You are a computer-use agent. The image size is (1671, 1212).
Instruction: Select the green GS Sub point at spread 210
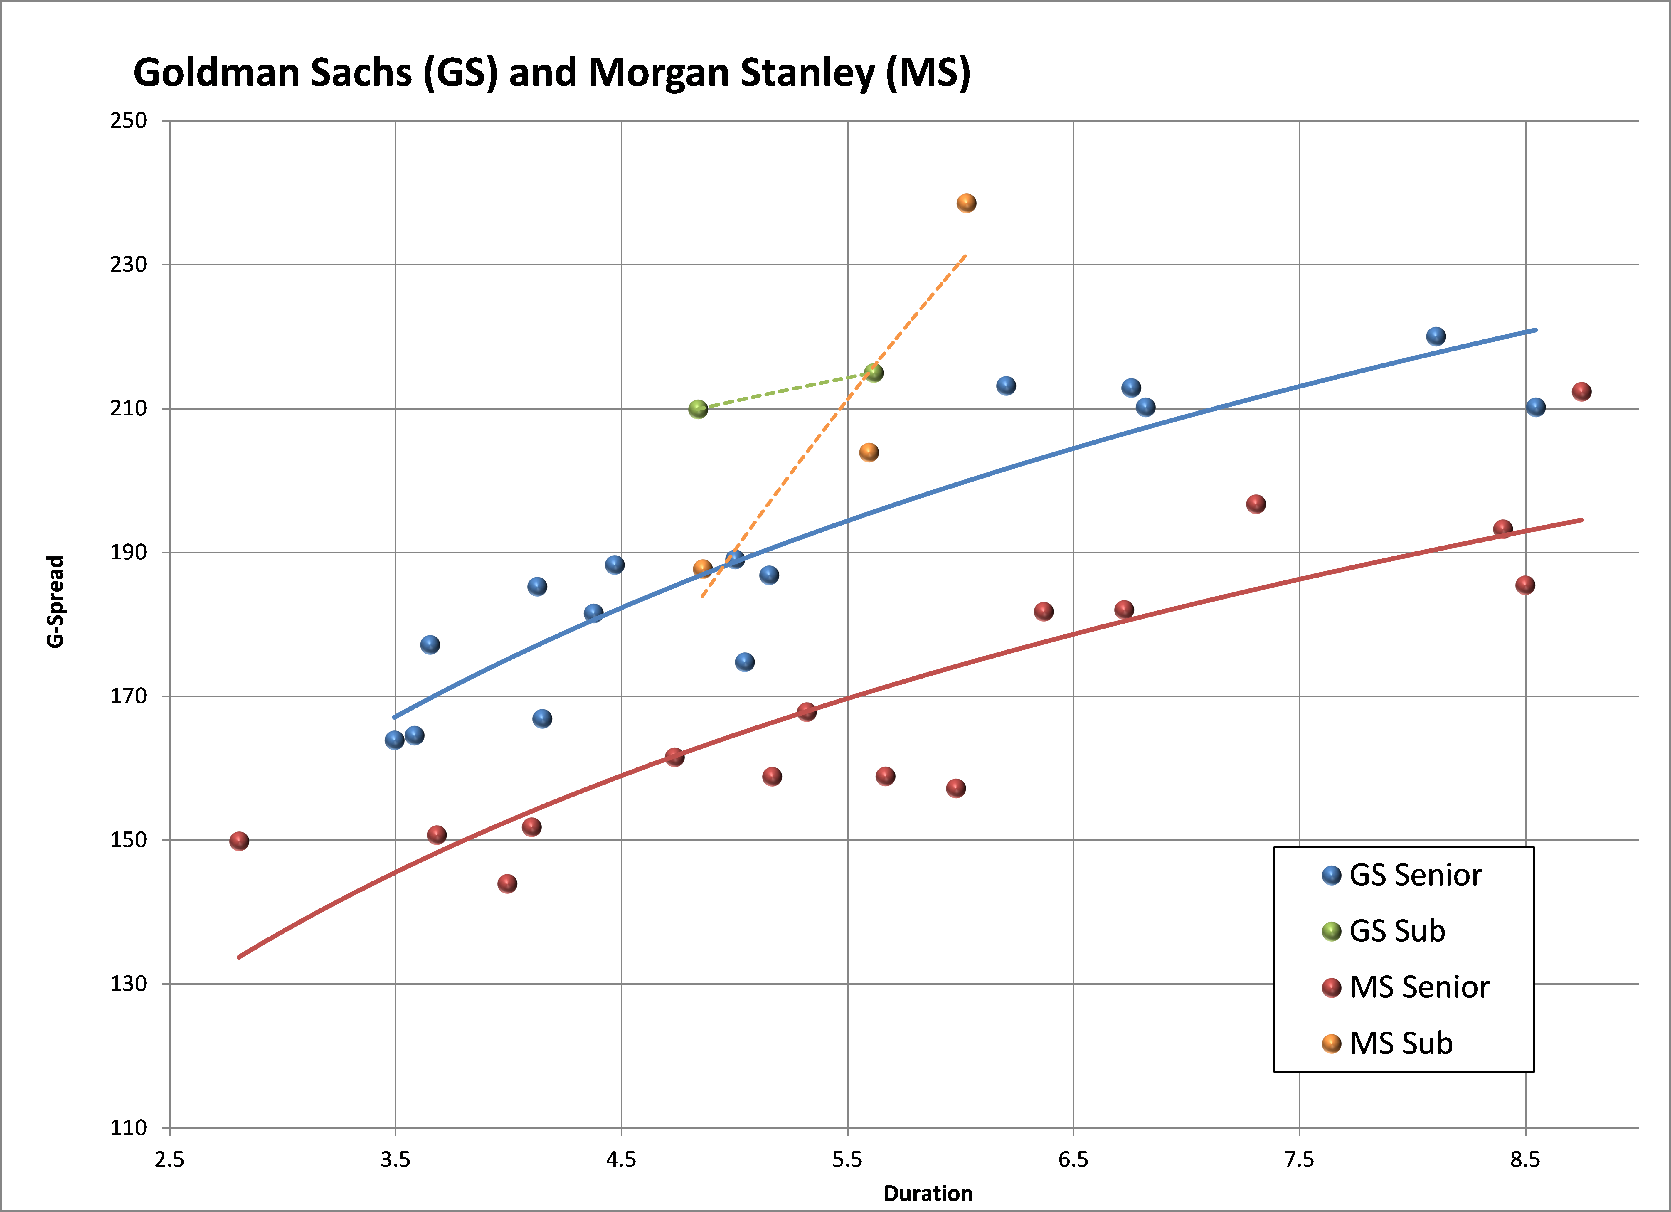698,409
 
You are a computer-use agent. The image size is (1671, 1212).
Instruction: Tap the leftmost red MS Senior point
239,841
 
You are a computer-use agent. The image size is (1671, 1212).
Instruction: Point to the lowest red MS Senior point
507,883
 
